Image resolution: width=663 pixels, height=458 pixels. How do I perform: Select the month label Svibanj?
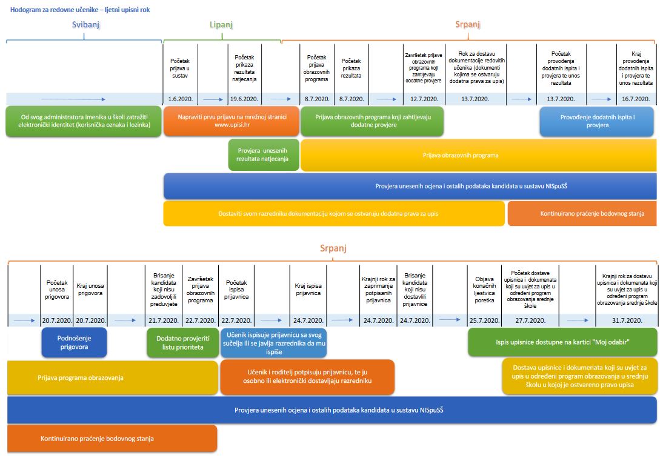[x=85, y=24]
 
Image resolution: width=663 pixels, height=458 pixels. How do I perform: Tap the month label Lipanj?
[x=221, y=24]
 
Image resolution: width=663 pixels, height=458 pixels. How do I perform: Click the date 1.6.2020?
[x=180, y=99]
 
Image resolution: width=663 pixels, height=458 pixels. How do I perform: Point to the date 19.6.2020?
[x=244, y=99]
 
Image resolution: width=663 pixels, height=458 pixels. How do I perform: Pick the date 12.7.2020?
[x=424, y=99]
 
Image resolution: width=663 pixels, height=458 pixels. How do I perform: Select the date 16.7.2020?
[x=636, y=99]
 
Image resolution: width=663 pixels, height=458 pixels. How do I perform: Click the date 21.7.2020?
[x=164, y=320]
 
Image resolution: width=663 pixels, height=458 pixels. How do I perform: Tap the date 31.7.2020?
[x=627, y=320]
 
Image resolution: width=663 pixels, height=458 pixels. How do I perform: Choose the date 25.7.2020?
[x=484, y=320]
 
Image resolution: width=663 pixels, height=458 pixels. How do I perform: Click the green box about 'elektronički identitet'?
[x=84, y=121]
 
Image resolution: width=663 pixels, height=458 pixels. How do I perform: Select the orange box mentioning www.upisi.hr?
[x=232, y=121]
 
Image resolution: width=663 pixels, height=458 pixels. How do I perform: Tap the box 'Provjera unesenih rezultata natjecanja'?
[x=264, y=155]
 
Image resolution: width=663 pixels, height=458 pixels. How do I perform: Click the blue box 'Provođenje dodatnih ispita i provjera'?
[x=597, y=121]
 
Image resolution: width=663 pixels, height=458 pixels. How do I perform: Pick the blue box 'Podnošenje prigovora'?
[x=74, y=343]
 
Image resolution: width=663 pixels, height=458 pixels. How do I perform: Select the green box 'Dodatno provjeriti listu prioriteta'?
[x=182, y=343]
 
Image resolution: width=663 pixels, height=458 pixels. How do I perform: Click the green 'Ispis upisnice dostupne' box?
[x=562, y=342]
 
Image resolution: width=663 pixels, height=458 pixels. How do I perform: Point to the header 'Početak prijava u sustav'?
[x=180, y=68]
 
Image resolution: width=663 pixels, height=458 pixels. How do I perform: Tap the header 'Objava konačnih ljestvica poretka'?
[x=484, y=290]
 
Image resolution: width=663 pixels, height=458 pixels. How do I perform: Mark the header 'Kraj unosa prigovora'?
[x=90, y=290]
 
